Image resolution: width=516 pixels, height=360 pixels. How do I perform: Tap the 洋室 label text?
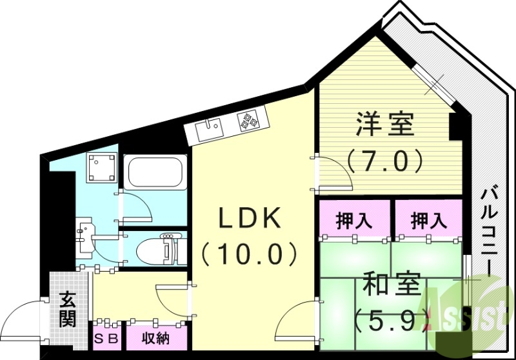[385, 125]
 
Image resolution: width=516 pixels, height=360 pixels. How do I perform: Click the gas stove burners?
[248, 119]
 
